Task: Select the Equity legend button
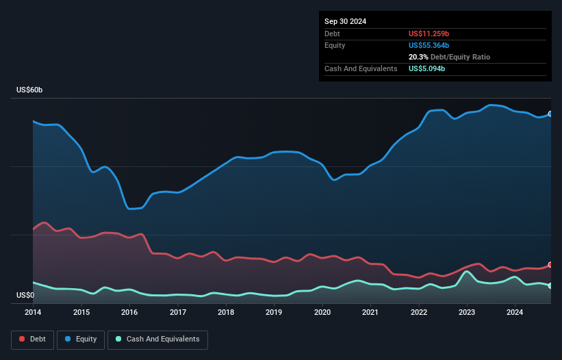pos(81,339)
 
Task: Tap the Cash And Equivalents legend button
pos(157,339)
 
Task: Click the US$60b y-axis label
pos(31,90)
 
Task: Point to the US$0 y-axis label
pos(25,296)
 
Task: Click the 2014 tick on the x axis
pos(33,313)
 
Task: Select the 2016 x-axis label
pos(129,313)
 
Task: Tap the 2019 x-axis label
pos(274,313)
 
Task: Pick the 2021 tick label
pos(370,313)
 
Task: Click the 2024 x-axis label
pos(515,313)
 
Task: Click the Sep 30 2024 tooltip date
pos(345,21)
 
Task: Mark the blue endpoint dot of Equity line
pos(550,114)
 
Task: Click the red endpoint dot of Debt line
pos(550,265)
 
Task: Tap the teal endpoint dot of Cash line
pos(550,285)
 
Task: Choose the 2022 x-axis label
pos(418,313)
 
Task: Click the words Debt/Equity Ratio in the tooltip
pos(461,57)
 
